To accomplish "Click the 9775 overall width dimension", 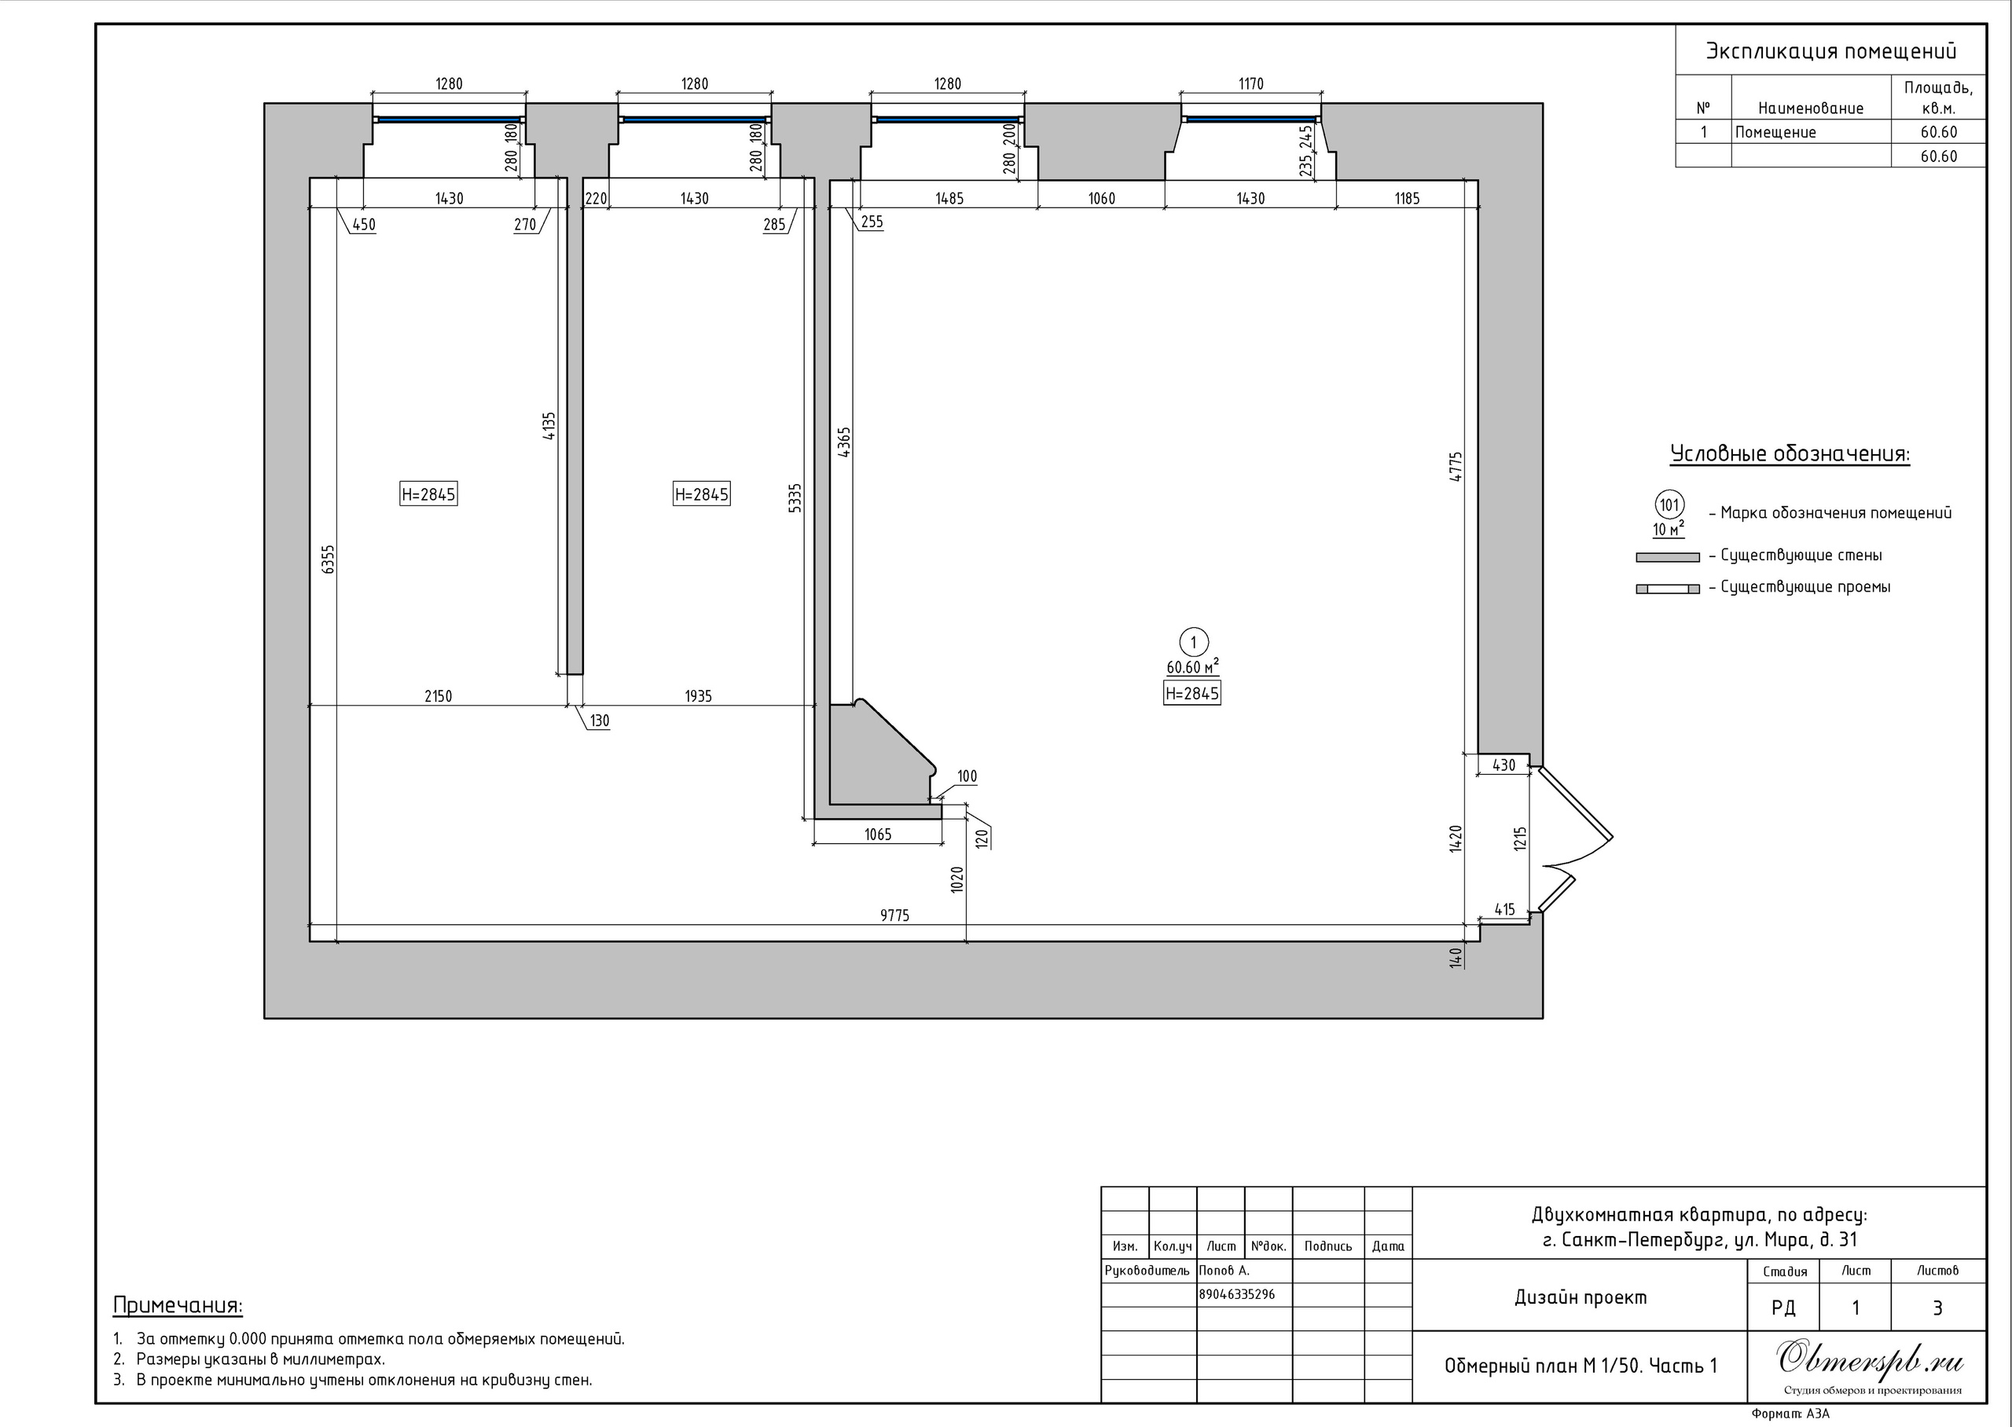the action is click(894, 915).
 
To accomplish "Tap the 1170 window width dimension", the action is click(1251, 83).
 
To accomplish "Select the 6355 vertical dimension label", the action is click(329, 559).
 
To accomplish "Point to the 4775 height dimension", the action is click(1456, 467).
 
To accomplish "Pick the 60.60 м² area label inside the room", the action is click(1192, 667).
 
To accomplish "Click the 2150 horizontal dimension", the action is click(439, 696).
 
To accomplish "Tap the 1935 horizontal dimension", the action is click(699, 696).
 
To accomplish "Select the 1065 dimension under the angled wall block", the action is click(878, 834).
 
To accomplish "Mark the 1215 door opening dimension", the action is click(1521, 838).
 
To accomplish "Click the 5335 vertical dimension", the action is click(795, 498).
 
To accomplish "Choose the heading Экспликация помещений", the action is click(1831, 51).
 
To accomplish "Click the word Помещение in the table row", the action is click(1775, 132).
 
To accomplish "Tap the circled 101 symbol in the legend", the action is click(1669, 505).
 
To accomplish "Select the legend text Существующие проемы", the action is click(1805, 586).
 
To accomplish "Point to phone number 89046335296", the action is click(1237, 1294).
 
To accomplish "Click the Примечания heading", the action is click(178, 1306).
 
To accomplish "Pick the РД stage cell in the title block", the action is click(1783, 1308).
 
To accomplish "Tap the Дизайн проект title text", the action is click(1581, 1297).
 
